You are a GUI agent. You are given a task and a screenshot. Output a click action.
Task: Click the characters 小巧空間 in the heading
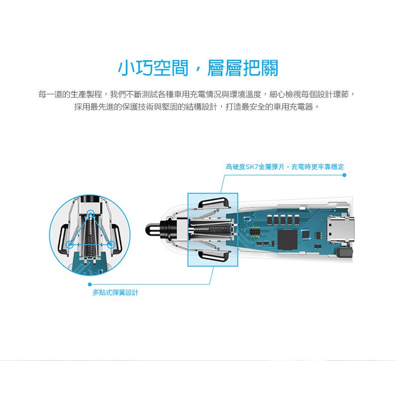(x=153, y=68)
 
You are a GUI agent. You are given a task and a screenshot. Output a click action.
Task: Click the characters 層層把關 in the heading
(x=243, y=68)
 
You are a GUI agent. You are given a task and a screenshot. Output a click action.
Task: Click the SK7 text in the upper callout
(x=252, y=167)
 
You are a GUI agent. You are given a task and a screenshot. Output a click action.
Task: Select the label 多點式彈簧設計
(x=115, y=293)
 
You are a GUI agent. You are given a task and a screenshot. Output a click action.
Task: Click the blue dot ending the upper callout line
(x=344, y=175)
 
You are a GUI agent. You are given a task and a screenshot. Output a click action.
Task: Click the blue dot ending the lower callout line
(x=90, y=284)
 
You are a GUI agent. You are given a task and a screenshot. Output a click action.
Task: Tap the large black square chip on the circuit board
(x=288, y=239)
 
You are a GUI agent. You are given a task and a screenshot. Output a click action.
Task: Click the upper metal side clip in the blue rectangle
(x=214, y=203)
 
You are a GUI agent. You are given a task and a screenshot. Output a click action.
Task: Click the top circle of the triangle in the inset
(x=90, y=214)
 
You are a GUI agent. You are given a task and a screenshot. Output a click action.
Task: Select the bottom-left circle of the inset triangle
(x=70, y=244)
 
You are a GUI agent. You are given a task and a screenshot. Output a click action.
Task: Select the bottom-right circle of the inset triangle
(x=110, y=244)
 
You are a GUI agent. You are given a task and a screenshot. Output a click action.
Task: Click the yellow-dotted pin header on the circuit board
(x=255, y=231)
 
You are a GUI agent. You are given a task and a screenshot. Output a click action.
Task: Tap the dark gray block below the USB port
(x=344, y=253)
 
